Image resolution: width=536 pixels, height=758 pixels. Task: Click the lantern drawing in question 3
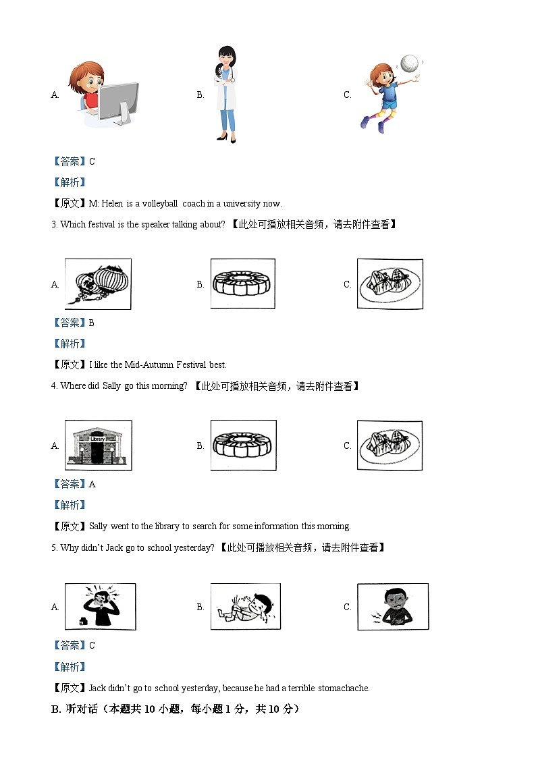click(98, 284)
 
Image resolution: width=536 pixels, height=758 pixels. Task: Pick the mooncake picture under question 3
click(242, 283)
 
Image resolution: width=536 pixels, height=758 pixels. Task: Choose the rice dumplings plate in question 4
click(390, 445)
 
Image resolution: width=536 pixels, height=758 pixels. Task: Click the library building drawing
click(98, 445)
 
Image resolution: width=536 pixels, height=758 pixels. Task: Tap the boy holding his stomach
click(392, 606)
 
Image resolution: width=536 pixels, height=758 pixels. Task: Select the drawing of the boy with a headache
click(100, 606)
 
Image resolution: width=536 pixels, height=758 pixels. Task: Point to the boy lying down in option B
click(245, 606)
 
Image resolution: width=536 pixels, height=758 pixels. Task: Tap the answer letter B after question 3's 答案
click(92, 323)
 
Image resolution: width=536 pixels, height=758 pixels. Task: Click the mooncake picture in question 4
click(242, 445)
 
